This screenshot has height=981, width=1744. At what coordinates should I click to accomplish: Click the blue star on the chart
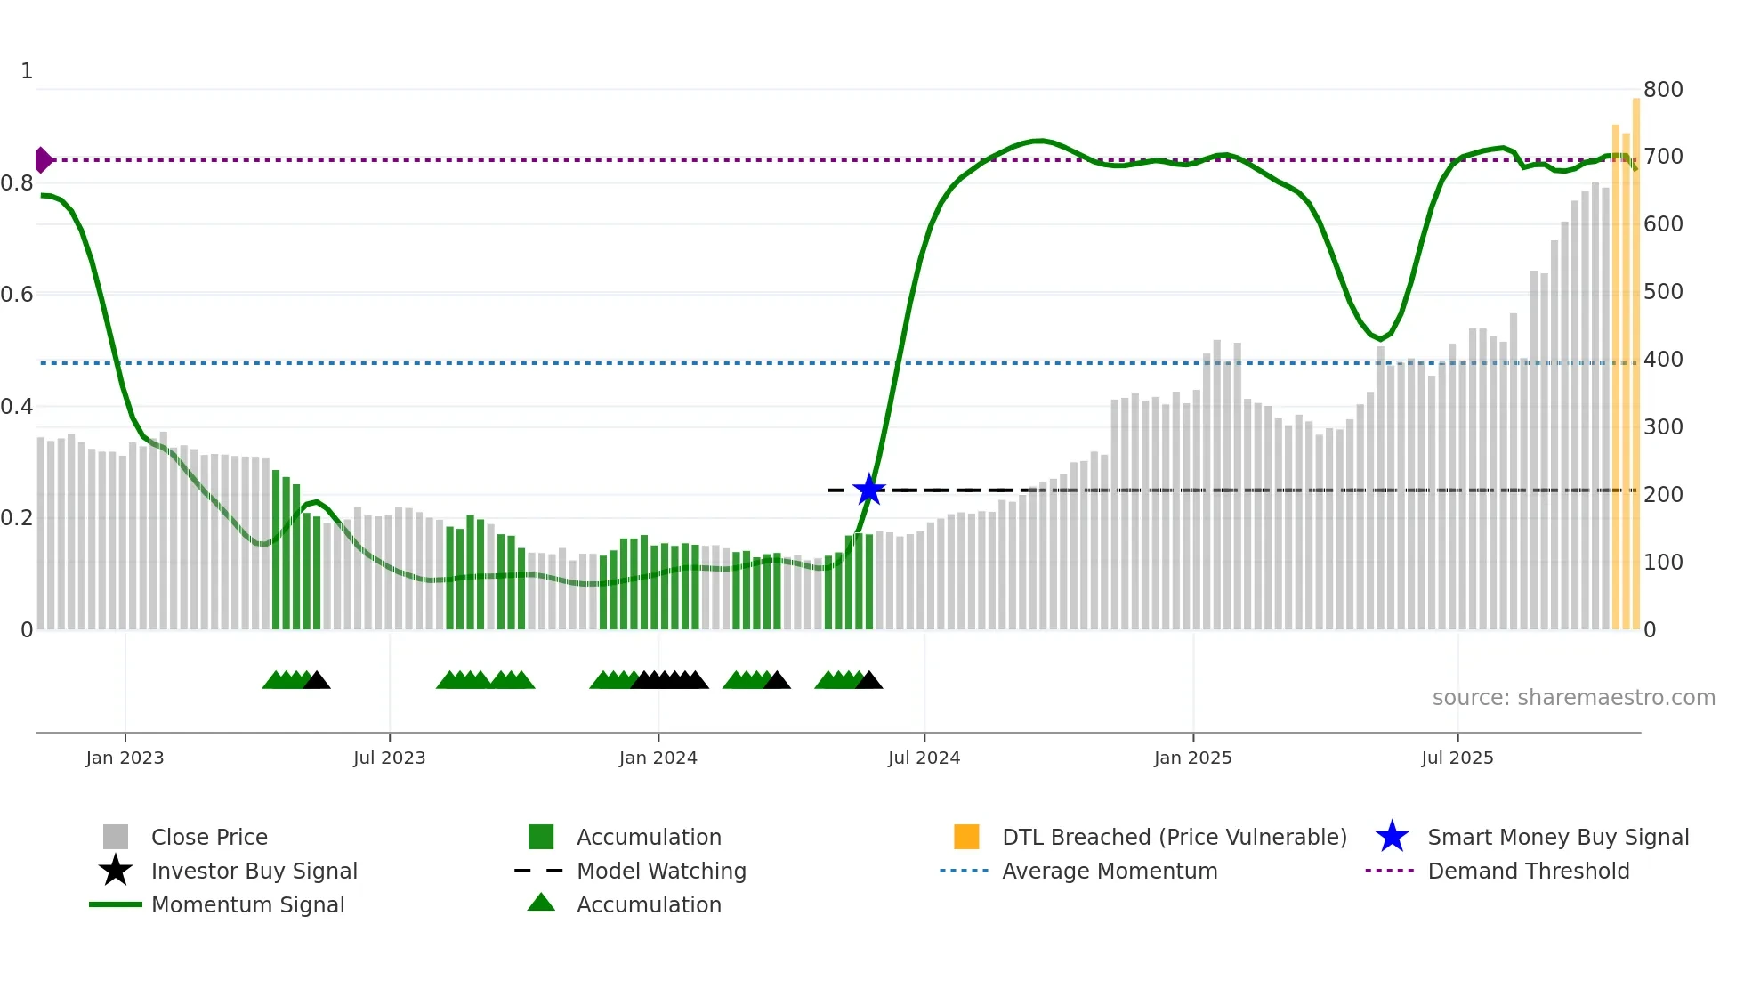pos(868,490)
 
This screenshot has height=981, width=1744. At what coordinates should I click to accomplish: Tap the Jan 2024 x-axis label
pos(658,758)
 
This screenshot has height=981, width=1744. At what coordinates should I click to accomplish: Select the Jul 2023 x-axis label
pos(389,758)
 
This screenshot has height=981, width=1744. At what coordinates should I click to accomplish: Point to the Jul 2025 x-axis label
pos(1457,758)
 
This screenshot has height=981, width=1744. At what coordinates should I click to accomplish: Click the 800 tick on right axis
pos(1662,90)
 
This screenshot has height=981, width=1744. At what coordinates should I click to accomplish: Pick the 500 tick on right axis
pos(1662,292)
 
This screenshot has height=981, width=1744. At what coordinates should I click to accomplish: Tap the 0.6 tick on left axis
pos(17,295)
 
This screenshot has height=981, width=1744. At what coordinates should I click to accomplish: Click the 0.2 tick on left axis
pos(17,518)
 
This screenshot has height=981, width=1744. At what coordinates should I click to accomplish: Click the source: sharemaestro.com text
pos(1573,698)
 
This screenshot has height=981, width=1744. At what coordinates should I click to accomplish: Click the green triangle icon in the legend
pos(541,903)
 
